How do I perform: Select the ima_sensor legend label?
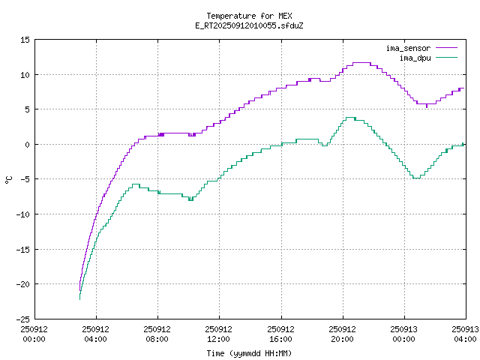(x=408, y=48)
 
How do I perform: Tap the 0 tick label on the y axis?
(x=27, y=145)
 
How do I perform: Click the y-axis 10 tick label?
(x=25, y=75)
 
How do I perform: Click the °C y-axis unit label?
(x=9, y=179)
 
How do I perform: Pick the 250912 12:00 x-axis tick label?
(x=218, y=333)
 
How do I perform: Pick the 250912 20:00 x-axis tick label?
(x=342, y=333)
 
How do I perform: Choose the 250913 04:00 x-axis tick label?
(x=465, y=333)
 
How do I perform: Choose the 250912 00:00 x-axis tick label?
(x=34, y=333)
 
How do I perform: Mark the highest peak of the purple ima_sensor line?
(x=361, y=63)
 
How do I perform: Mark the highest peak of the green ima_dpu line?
(x=349, y=117)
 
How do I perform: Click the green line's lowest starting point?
(x=79, y=299)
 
